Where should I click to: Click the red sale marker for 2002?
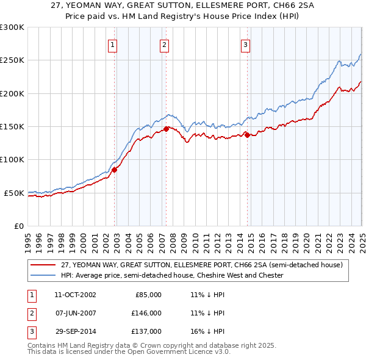[114, 170]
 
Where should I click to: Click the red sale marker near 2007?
[166, 129]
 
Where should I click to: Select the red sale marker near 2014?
[247, 135]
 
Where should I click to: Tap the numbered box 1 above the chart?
[113, 44]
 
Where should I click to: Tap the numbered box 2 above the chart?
[165, 44]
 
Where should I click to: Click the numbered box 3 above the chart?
[245, 44]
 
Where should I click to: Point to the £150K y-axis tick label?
[12, 127]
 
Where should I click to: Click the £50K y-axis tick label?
[15, 193]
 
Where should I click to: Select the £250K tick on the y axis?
[12, 60]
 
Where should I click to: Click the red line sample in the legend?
[42, 265]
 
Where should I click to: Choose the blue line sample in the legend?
[42, 275]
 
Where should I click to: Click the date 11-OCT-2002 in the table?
[75, 295]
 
